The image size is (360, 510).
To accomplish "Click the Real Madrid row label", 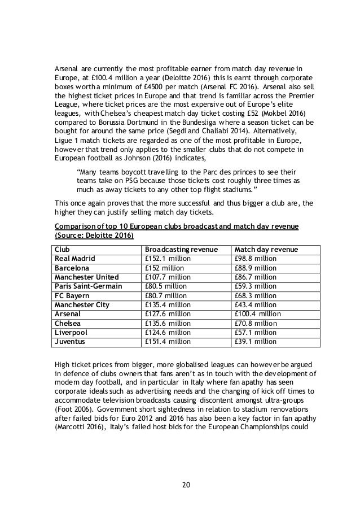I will click(x=75, y=258).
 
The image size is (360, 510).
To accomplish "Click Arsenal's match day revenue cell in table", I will click(x=257, y=314).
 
